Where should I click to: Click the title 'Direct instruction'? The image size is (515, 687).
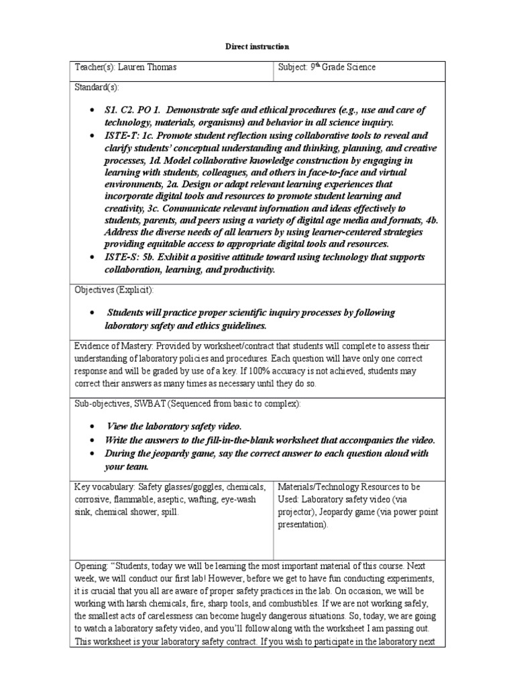[x=257, y=47]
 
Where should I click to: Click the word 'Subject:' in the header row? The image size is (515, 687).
[x=294, y=68]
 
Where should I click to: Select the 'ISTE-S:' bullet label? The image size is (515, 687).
[x=122, y=258]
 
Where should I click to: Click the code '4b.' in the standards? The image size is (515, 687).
[x=429, y=221]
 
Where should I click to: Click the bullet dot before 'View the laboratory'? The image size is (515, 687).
[x=91, y=427]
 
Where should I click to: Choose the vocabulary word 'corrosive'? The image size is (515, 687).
[x=95, y=499]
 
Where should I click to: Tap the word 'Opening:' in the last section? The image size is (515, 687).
[x=93, y=566]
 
